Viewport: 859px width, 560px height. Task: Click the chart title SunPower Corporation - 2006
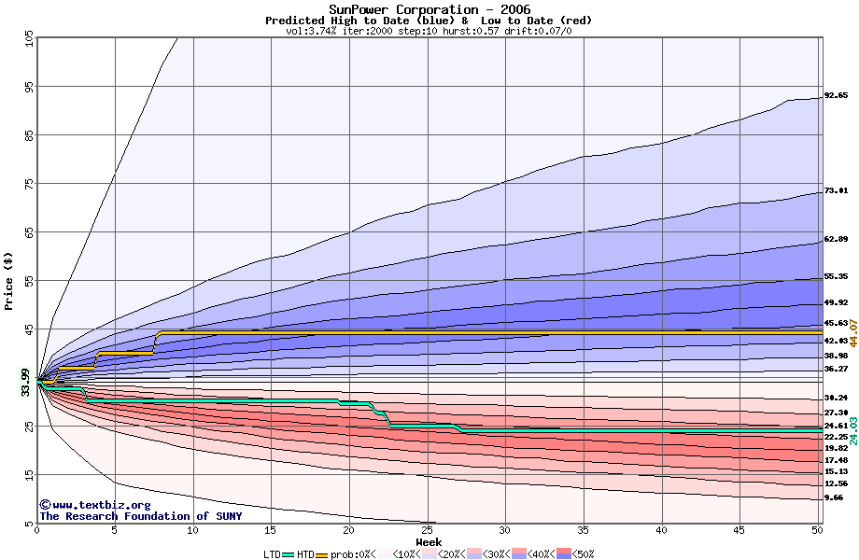(429, 9)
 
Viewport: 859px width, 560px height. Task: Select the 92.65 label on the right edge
(836, 95)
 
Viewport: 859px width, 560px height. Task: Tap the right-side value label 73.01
(836, 190)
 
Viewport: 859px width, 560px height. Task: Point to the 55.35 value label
(836, 276)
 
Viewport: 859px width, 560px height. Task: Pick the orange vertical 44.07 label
(852, 332)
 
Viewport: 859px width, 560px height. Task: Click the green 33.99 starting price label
(26, 382)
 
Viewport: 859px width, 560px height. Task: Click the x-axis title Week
(429, 541)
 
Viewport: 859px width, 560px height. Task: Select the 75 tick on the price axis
(30, 185)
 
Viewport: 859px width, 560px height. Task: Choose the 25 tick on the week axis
(427, 531)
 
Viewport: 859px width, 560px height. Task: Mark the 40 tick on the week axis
(661, 531)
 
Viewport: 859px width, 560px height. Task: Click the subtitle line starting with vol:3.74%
(429, 31)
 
